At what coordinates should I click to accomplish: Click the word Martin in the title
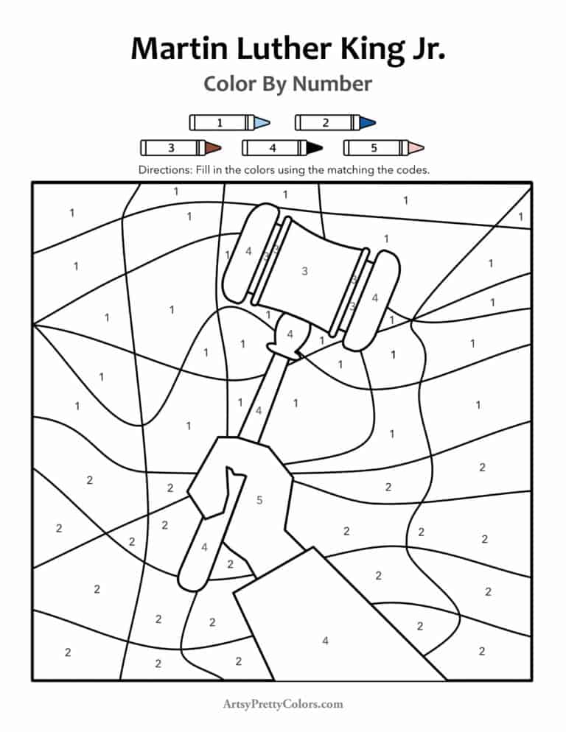click(178, 49)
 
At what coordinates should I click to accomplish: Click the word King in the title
click(365, 49)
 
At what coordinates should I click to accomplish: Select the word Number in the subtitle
click(332, 84)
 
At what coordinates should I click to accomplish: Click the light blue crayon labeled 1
click(229, 122)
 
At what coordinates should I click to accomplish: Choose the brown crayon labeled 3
click(180, 148)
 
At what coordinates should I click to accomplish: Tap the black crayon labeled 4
click(282, 148)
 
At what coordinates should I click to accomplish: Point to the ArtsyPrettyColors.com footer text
click(283, 704)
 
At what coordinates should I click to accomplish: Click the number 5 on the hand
click(259, 501)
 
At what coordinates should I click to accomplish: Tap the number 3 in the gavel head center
click(304, 271)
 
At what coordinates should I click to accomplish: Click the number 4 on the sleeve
click(325, 641)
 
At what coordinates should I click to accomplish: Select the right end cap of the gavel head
click(375, 299)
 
